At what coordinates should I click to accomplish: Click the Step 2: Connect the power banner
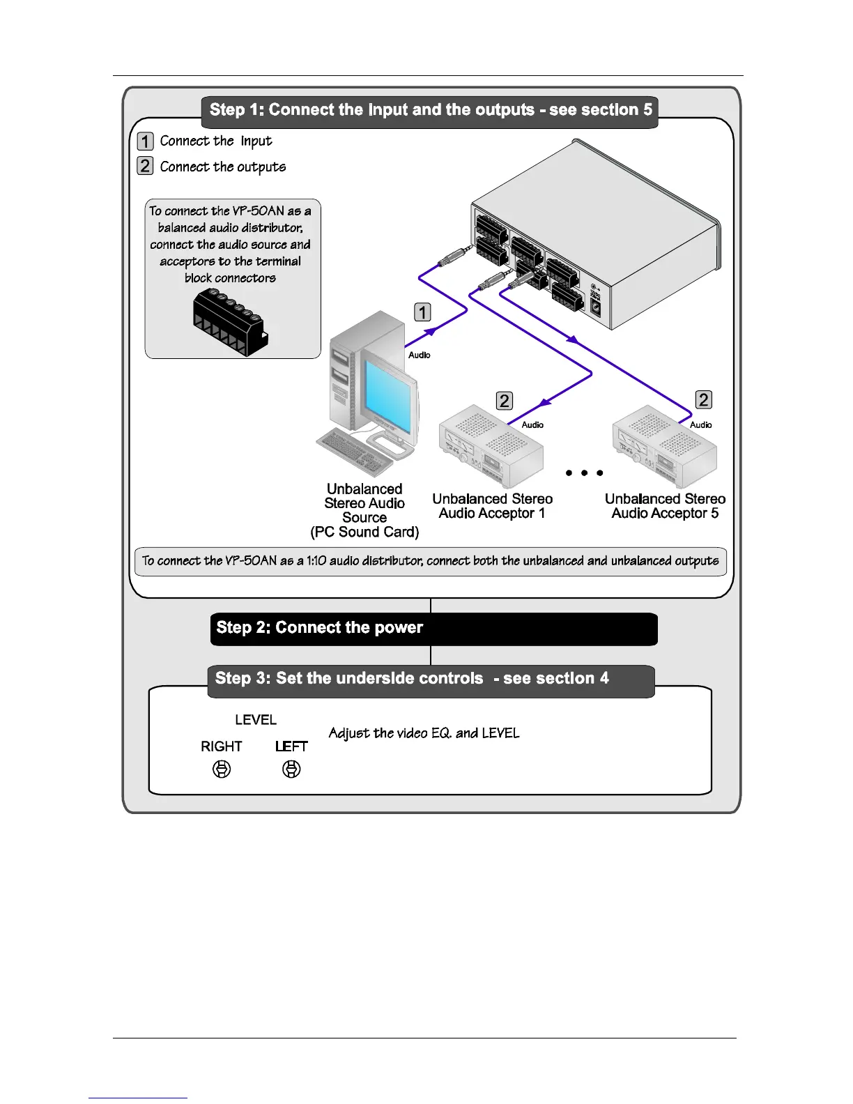[433, 629]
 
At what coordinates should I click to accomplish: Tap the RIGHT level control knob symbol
[222, 769]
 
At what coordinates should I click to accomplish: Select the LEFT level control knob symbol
[291, 769]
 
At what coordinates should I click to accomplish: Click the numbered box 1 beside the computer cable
[422, 312]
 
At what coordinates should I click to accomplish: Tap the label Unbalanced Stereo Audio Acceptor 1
[492, 506]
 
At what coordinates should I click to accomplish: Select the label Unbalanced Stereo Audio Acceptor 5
[665, 506]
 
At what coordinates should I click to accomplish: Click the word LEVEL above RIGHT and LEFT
[256, 720]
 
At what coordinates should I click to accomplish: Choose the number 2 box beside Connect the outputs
[145, 166]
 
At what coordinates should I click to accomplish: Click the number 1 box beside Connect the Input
[145, 141]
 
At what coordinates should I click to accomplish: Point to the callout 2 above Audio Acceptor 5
[704, 399]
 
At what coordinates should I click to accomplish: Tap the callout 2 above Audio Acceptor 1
[504, 401]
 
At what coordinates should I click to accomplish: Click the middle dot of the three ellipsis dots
[584, 473]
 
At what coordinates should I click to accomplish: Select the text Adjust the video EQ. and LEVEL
[424, 733]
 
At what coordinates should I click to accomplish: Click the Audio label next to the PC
[419, 355]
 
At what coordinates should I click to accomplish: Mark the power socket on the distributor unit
[597, 306]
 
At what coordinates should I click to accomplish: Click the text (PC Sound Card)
[364, 532]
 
